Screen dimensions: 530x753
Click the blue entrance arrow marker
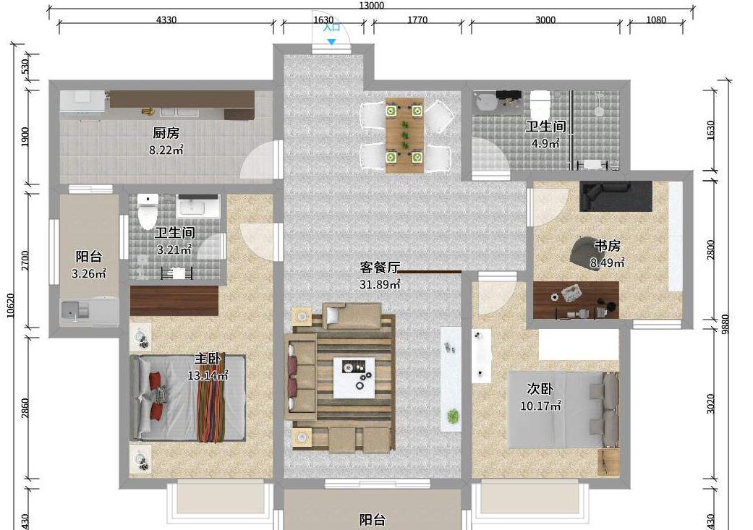click(x=331, y=42)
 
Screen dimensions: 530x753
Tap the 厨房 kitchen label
click(x=166, y=133)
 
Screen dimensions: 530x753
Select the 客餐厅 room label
click(x=380, y=268)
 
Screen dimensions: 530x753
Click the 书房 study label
click(x=607, y=246)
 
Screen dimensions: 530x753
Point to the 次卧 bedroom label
click(x=540, y=389)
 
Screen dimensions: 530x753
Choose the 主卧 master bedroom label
click(x=208, y=359)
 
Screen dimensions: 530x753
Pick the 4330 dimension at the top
click(x=166, y=20)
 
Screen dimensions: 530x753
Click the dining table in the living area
click(x=404, y=134)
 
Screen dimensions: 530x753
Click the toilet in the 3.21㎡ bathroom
click(x=148, y=210)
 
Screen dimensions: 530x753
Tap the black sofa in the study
click(x=616, y=195)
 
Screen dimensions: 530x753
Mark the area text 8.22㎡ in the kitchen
click(x=166, y=150)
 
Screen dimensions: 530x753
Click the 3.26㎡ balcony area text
click(x=89, y=274)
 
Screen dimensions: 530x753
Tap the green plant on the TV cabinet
click(x=453, y=416)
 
